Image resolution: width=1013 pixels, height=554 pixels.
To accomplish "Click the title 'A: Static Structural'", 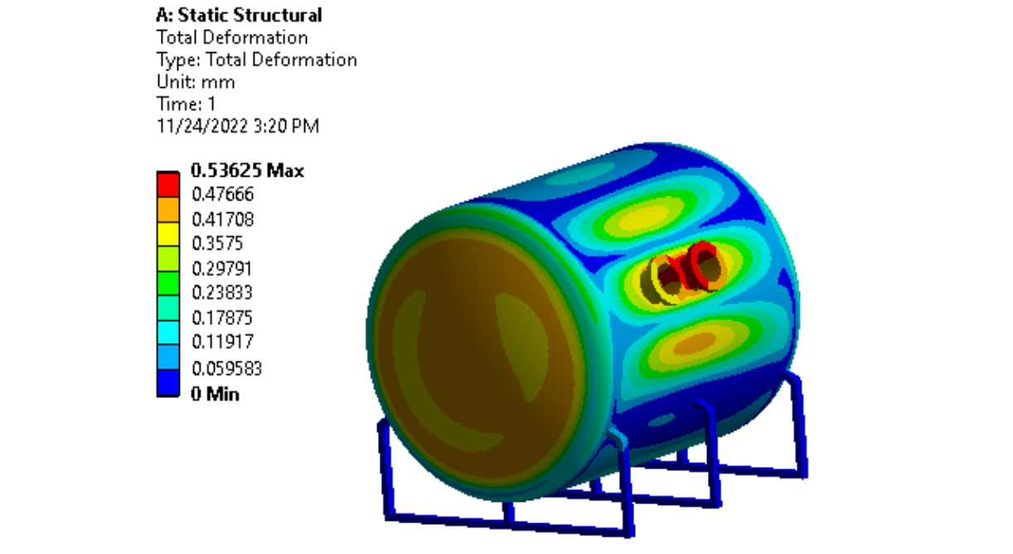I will (239, 16).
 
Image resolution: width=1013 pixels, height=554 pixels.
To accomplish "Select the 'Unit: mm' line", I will (196, 82).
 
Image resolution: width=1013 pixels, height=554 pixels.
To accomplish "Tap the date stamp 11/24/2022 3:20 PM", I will (238, 126).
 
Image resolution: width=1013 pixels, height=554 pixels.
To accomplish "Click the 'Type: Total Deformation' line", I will (256, 60).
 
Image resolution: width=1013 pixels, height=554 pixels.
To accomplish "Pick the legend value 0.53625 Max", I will (247, 171).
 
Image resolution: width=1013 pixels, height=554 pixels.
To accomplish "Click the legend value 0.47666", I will (222, 195).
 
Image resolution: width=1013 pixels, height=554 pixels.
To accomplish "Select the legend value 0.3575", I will (217, 244).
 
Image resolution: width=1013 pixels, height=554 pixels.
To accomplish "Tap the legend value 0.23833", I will (222, 293).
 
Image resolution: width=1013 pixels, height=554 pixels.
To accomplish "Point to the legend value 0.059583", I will (226, 367).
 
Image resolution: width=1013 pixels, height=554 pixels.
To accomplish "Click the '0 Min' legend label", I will (215, 394).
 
